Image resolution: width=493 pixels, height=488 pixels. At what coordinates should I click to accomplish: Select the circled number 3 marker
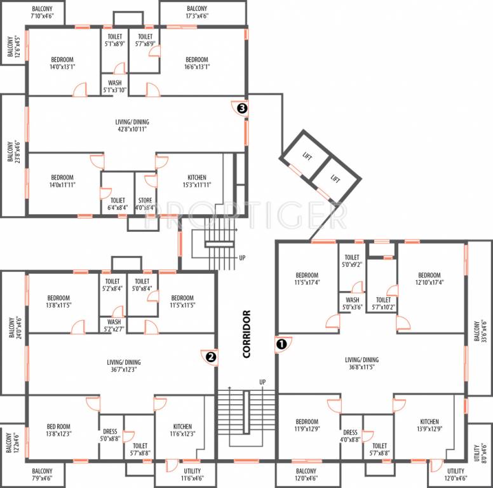tap(241, 108)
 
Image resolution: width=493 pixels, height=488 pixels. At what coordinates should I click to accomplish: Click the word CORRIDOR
tap(247, 334)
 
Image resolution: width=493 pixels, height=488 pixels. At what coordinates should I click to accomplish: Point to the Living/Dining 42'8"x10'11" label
tap(132, 125)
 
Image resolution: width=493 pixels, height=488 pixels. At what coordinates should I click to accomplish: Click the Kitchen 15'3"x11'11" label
tap(196, 181)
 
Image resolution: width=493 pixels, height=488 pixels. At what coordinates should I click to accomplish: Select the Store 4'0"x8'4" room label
tap(145, 203)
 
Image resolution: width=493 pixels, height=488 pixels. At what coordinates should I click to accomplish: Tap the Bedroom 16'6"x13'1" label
tap(197, 63)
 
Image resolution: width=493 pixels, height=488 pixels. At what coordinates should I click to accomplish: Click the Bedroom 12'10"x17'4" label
tap(429, 278)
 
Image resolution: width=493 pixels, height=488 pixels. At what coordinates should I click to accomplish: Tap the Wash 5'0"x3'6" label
tap(352, 303)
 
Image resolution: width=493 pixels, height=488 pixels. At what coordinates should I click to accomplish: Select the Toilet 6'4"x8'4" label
tap(117, 203)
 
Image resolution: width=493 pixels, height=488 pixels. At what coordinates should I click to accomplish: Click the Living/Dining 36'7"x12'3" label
tap(123, 365)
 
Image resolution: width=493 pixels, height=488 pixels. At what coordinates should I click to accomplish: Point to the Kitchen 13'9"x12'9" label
tap(429, 425)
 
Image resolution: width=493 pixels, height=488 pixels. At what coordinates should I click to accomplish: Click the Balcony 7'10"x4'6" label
tap(33, 12)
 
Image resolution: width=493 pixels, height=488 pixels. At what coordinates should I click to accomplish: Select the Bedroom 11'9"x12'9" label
tap(307, 425)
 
